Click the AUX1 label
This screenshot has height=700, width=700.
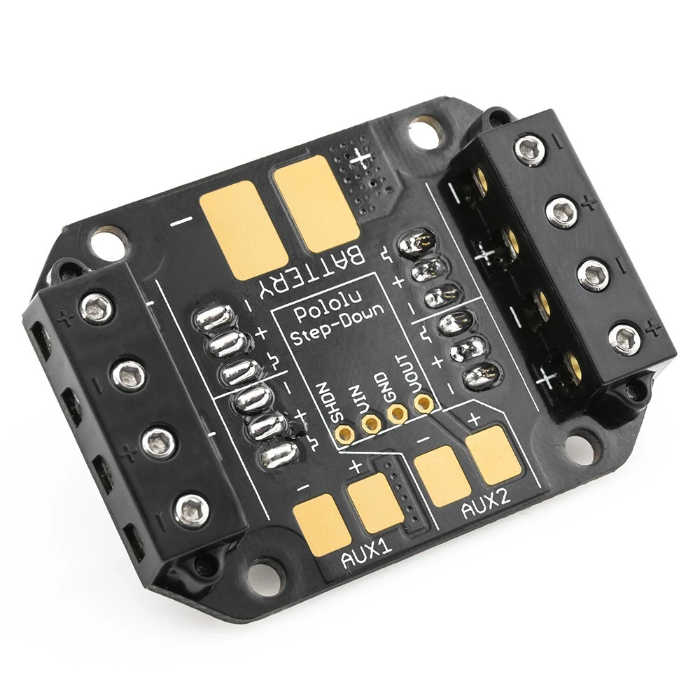pos(367,553)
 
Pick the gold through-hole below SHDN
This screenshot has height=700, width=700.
pos(344,433)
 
